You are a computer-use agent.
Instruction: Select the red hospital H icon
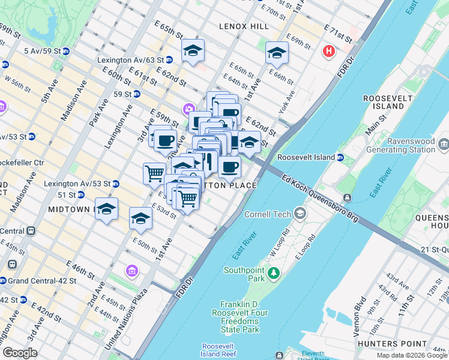[x=328, y=52]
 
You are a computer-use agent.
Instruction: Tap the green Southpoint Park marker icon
[x=274, y=274]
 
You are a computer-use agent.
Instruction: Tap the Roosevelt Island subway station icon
[x=340, y=158]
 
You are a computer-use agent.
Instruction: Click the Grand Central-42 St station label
[x=41, y=280]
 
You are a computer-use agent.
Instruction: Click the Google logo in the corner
[x=20, y=353]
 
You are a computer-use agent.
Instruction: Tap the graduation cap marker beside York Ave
[x=276, y=52]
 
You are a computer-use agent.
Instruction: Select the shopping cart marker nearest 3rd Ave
[x=154, y=173]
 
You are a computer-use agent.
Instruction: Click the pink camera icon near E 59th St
[x=188, y=109]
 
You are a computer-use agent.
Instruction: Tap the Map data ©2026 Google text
[x=411, y=355]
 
